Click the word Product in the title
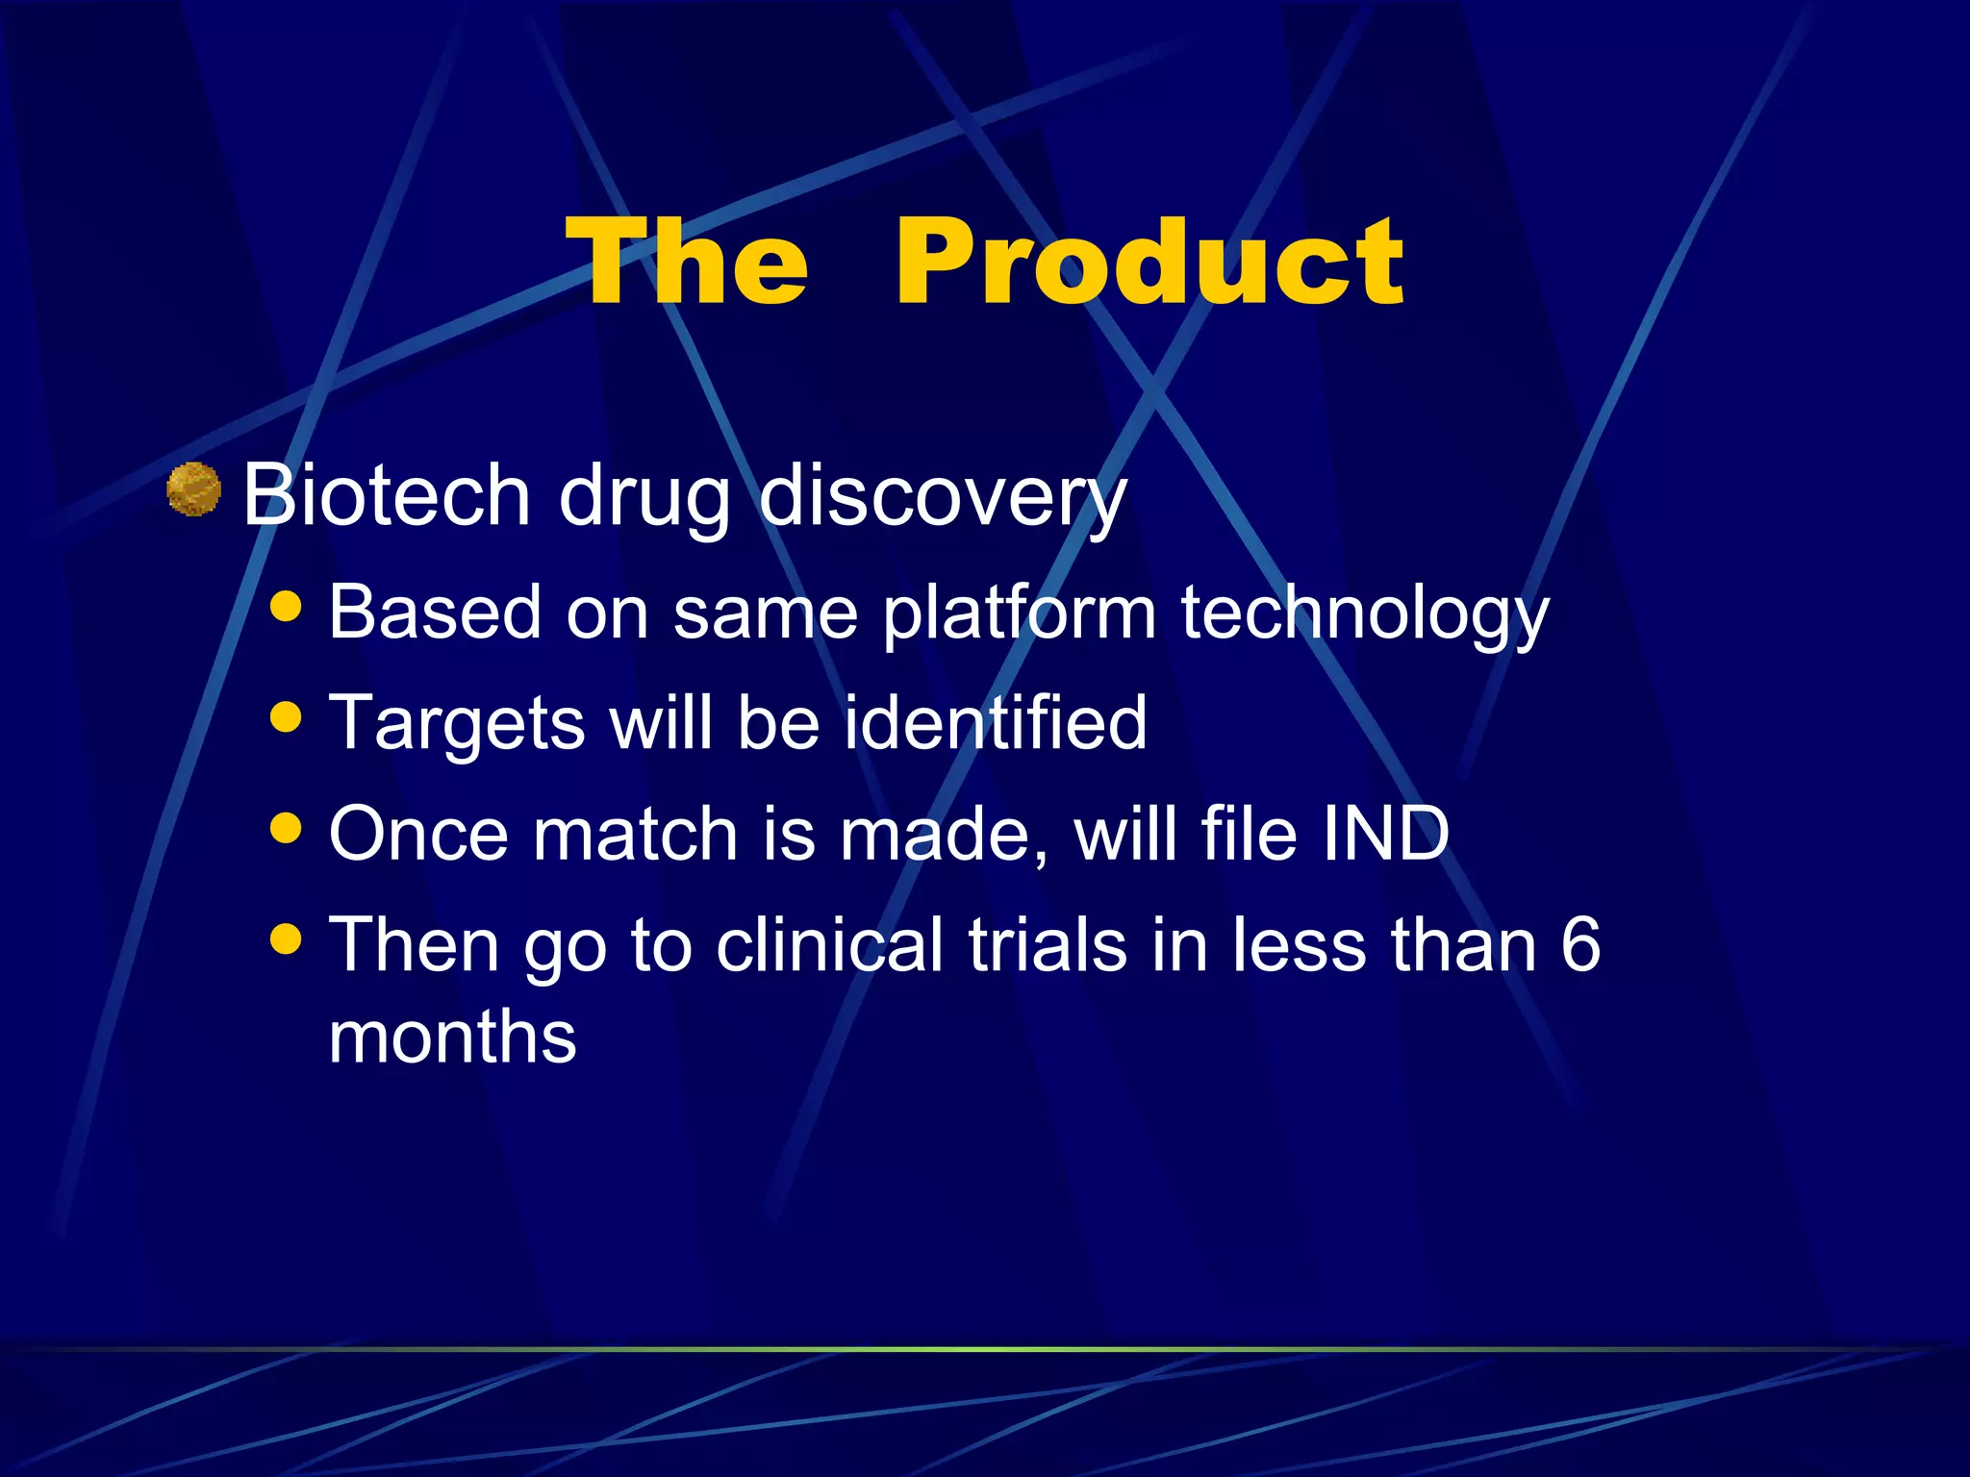tap(1149, 262)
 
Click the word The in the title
tap(687, 262)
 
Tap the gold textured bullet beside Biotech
tap(193, 489)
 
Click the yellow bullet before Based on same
tap(286, 607)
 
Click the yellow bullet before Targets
tap(286, 716)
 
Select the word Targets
tap(456, 723)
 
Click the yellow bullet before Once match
tap(286, 827)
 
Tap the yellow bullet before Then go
tap(286, 938)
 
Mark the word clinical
tap(829, 944)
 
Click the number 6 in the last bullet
tap(1579, 944)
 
